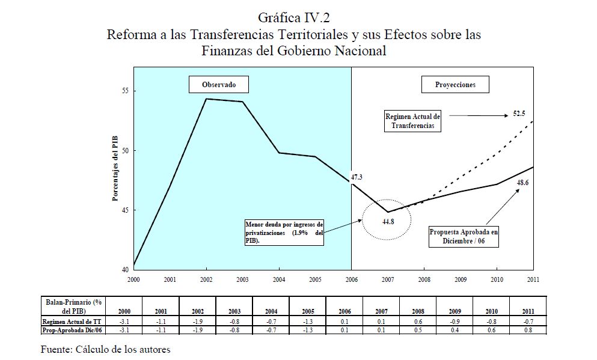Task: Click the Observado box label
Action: click(218, 85)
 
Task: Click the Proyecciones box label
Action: click(455, 85)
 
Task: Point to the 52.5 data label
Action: click(519, 113)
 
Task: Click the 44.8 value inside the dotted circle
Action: click(387, 221)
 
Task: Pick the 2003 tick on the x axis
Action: click(243, 279)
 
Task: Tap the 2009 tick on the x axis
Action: click(461, 279)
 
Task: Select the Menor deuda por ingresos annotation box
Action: click(284, 232)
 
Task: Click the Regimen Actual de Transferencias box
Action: click(413, 121)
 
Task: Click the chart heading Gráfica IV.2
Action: click(293, 16)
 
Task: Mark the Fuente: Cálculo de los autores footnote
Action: click(105, 349)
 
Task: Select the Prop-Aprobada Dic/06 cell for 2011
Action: click(528, 330)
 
